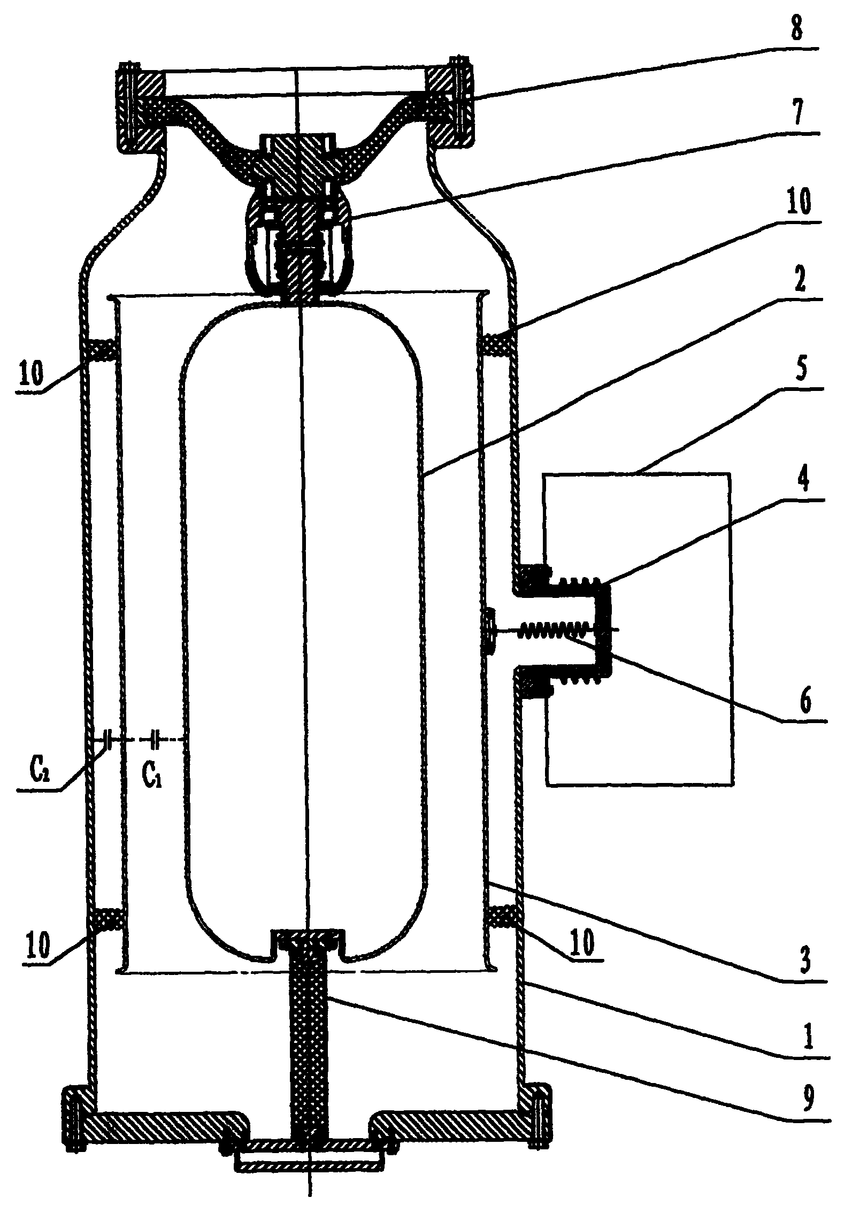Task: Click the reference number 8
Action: tap(797, 30)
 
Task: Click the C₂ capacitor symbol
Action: tap(109, 739)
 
